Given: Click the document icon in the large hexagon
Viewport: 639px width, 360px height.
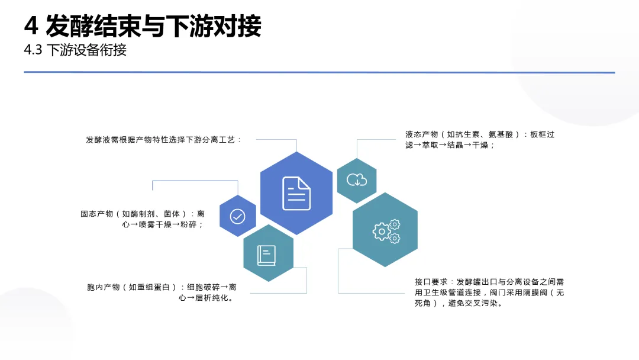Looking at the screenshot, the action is pyautogui.click(x=296, y=193).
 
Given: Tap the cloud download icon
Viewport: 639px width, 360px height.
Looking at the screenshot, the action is pyautogui.click(x=357, y=180).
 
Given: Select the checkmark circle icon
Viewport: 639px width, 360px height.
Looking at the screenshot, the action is pyautogui.click(x=237, y=216).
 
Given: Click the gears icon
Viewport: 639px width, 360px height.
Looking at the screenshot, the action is pyautogui.click(x=386, y=231).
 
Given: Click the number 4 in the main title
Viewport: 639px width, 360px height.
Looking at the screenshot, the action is pyautogui.click(x=31, y=25).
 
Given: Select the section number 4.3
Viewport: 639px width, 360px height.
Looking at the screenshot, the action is pyautogui.click(x=33, y=50).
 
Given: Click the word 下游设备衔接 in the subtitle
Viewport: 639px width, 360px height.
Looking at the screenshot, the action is pyautogui.click(x=86, y=50).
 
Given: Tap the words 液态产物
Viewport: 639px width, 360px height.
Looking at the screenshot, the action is pyautogui.click(x=421, y=134).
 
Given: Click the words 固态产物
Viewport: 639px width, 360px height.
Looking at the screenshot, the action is pyautogui.click(x=96, y=214).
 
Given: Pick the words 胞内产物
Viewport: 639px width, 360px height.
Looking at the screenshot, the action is pyautogui.click(x=103, y=287).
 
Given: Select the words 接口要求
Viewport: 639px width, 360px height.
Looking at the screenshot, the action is pyautogui.click(x=430, y=282).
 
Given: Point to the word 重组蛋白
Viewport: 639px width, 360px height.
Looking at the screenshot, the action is pyautogui.click(x=155, y=287).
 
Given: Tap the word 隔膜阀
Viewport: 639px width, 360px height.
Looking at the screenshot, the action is pyautogui.click(x=534, y=292).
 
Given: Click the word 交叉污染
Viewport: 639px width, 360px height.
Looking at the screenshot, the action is pyautogui.click(x=476, y=303).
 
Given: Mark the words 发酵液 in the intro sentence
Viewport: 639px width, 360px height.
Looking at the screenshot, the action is pyautogui.click(x=98, y=140).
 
